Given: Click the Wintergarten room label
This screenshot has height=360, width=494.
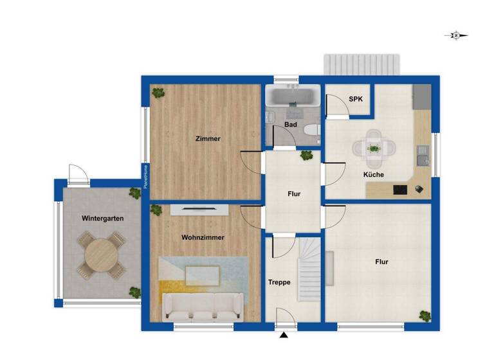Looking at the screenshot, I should [103, 219].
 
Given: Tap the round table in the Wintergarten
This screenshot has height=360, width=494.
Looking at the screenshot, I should [102, 255].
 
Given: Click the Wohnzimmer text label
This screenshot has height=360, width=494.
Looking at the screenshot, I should [203, 237].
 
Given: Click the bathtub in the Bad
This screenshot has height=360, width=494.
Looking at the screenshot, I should [292, 98].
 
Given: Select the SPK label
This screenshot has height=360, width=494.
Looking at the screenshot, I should [355, 100].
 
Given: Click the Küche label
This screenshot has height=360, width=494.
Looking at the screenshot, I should [373, 174].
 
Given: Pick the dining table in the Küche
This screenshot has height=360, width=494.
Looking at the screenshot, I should [373, 148].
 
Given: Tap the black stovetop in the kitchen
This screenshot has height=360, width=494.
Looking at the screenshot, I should [400, 189].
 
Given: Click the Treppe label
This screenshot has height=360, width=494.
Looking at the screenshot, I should [279, 282].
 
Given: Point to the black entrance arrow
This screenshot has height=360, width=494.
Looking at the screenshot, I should [283, 334].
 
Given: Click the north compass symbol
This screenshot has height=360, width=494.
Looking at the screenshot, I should [456, 36].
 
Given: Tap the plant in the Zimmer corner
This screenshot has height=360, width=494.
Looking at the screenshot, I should [158, 93].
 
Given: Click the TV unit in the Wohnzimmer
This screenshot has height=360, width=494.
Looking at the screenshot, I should [199, 209].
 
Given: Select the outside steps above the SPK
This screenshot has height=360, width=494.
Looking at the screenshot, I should [362, 65].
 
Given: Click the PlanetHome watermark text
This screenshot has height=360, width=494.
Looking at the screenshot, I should [145, 176].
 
